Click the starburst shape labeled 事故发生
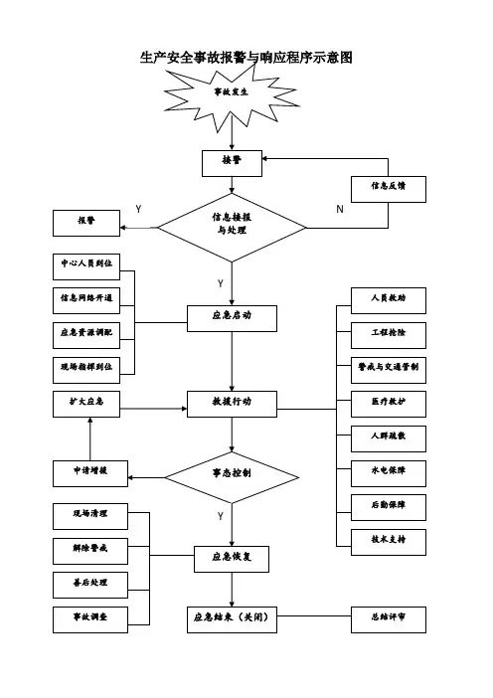231,97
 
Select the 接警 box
232,163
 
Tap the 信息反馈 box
389,189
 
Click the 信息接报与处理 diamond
232,228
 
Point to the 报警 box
86,223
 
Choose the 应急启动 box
232,318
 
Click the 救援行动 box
232,405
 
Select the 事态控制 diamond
232,477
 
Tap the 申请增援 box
90,473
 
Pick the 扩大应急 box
86,405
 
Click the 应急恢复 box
232,559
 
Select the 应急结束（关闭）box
232,619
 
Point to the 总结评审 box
389,619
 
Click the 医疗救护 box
389,405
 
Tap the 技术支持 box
389,542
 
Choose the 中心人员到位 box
86,266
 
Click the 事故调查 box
90,619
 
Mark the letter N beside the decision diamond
340,209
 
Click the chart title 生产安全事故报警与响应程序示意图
246,58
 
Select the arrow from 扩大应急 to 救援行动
153,409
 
